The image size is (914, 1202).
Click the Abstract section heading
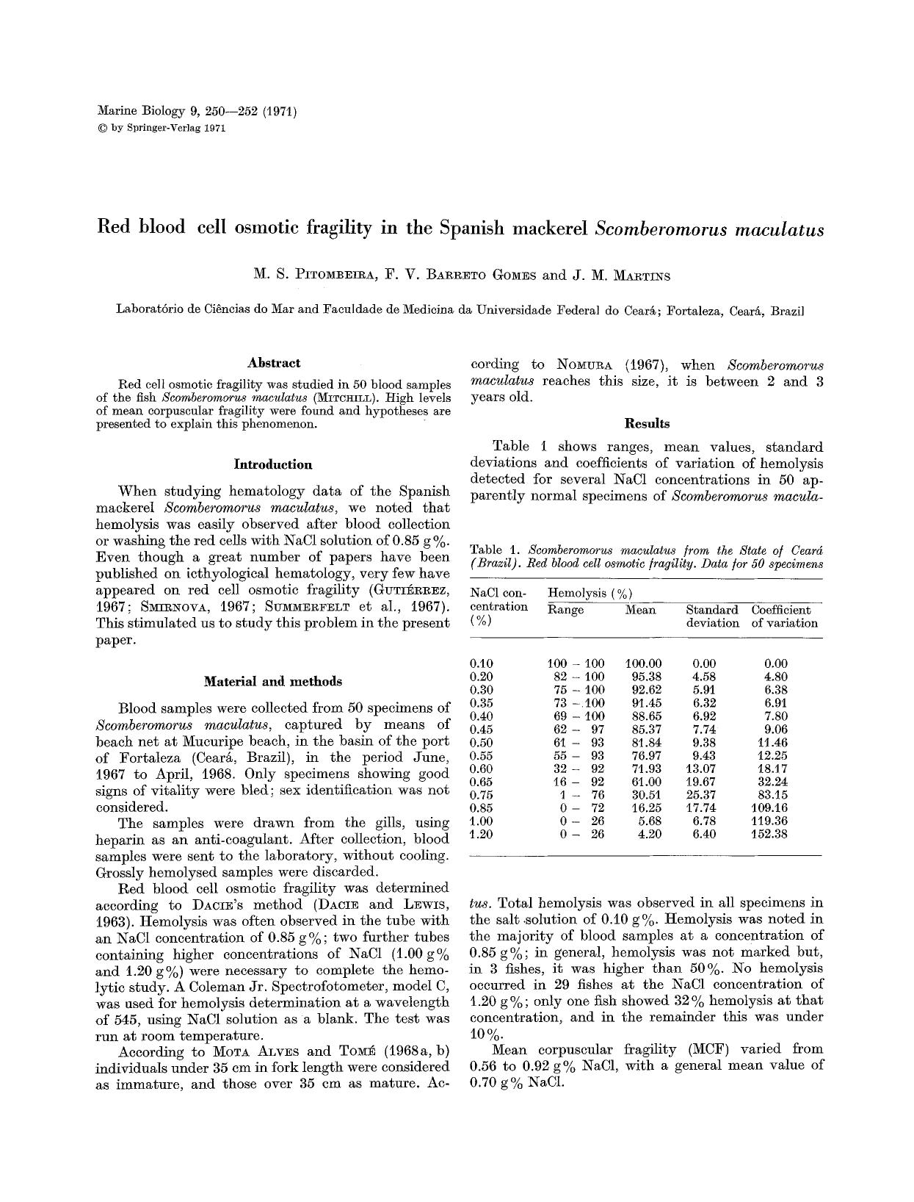click(x=273, y=363)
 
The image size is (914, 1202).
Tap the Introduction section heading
click(x=272, y=464)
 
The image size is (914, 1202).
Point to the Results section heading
click(x=646, y=423)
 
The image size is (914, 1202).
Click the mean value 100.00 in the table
click(x=643, y=663)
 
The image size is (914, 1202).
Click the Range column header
click(x=565, y=610)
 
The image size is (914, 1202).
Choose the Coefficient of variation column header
click(x=783, y=616)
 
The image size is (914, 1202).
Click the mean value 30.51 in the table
click(x=646, y=795)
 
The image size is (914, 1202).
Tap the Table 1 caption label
click(x=496, y=550)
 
